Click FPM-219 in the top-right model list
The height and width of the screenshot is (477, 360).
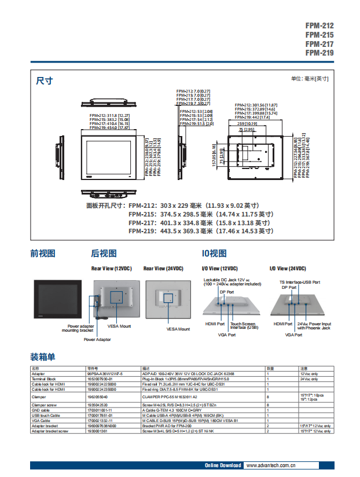tap(319, 53)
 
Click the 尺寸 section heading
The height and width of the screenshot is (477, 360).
tap(45, 81)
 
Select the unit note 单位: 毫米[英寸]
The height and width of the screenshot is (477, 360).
tap(309, 79)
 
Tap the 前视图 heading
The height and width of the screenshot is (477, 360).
tap(43, 253)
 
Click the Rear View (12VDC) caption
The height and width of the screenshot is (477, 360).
tap(112, 269)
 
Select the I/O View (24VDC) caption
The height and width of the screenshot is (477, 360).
tap(288, 269)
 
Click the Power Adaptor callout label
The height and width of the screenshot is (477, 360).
tap(97, 340)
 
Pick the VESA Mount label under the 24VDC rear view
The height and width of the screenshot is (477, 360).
tap(178, 329)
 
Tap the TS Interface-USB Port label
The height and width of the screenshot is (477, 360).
tap(295, 282)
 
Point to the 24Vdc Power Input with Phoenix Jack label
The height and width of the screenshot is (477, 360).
tap(314, 326)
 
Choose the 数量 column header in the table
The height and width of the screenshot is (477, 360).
tap(270, 368)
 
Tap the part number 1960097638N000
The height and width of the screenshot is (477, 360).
tap(101, 425)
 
